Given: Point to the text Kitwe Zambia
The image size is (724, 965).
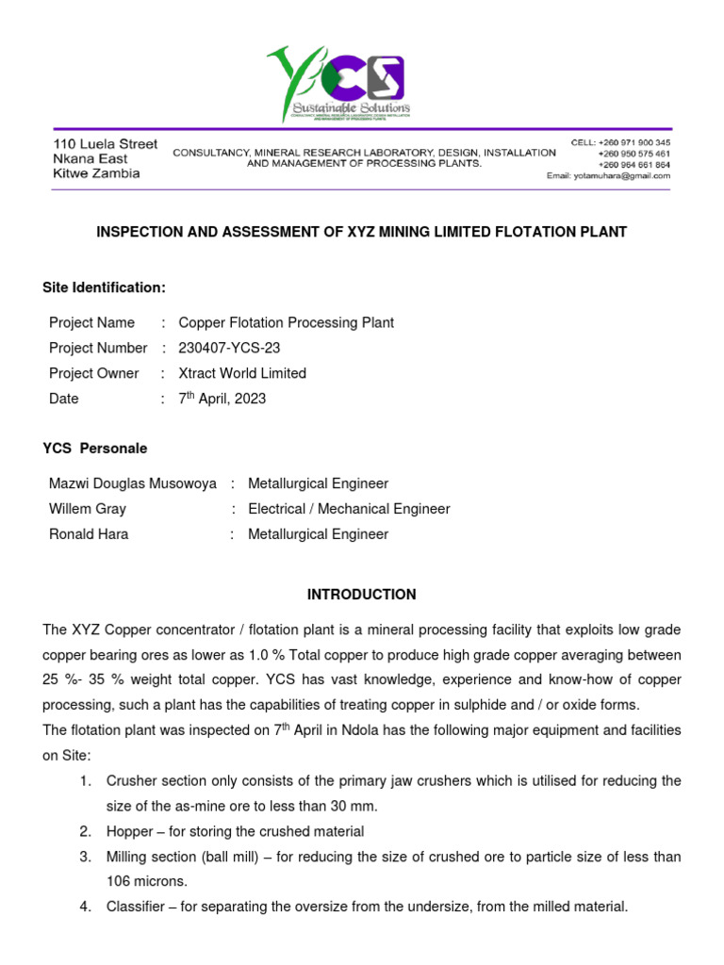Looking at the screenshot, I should (x=96, y=173).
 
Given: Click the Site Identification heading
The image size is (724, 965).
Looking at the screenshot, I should (x=104, y=287).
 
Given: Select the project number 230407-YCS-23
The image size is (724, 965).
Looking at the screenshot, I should (x=229, y=348).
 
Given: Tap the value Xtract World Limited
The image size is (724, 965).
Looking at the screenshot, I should (x=242, y=373).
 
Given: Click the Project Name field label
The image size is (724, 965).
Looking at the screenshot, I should (x=91, y=322).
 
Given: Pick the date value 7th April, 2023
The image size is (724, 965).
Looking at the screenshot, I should (x=222, y=399).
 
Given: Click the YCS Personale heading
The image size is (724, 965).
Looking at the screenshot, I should (x=94, y=449).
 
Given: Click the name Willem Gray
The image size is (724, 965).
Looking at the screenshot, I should (x=88, y=509).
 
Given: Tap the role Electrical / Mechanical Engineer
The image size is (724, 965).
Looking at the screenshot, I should (x=349, y=509).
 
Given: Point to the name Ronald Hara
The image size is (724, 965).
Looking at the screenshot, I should (x=89, y=534).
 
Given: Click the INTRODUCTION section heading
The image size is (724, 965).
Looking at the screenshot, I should (x=361, y=595).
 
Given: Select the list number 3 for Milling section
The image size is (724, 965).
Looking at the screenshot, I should (x=85, y=857).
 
